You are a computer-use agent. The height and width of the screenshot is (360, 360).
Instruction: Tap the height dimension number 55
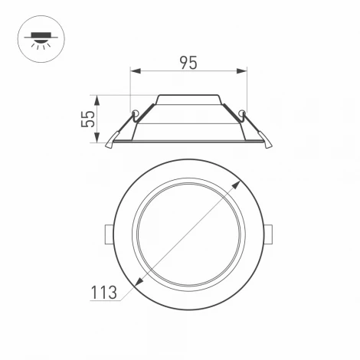point(89,119)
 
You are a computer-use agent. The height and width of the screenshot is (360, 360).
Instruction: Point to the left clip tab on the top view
point(107,231)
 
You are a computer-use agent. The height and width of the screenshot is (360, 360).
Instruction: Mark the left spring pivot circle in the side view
point(136,115)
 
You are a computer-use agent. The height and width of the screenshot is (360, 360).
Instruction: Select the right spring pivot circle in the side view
point(243,115)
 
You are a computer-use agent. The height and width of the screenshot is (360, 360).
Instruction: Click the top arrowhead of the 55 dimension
point(98,98)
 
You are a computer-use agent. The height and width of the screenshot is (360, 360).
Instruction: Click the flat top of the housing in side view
point(189,97)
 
